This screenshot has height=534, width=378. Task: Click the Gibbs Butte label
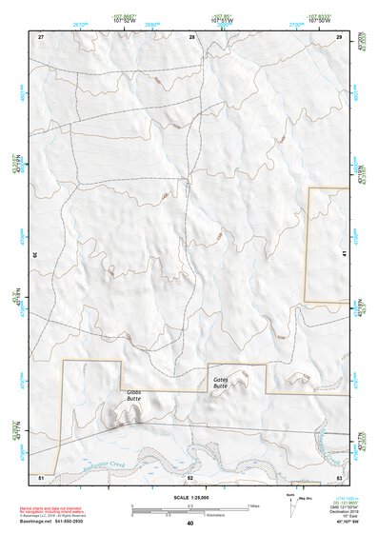pyautogui.click(x=133, y=396)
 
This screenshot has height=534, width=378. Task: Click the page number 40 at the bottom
pyautogui.click(x=190, y=524)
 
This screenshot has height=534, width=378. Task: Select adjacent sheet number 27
pyautogui.click(x=41, y=36)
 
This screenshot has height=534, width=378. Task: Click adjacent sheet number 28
pyautogui.click(x=192, y=36)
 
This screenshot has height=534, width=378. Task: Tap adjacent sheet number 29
pyautogui.click(x=340, y=36)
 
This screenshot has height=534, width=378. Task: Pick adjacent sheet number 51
pyautogui.click(x=41, y=475)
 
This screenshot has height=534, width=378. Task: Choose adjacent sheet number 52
pyautogui.click(x=190, y=475)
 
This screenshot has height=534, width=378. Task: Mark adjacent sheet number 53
pyautogui.click(x=340, y=475)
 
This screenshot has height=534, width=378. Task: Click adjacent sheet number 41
pyautogui.click(x=343, y=254)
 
